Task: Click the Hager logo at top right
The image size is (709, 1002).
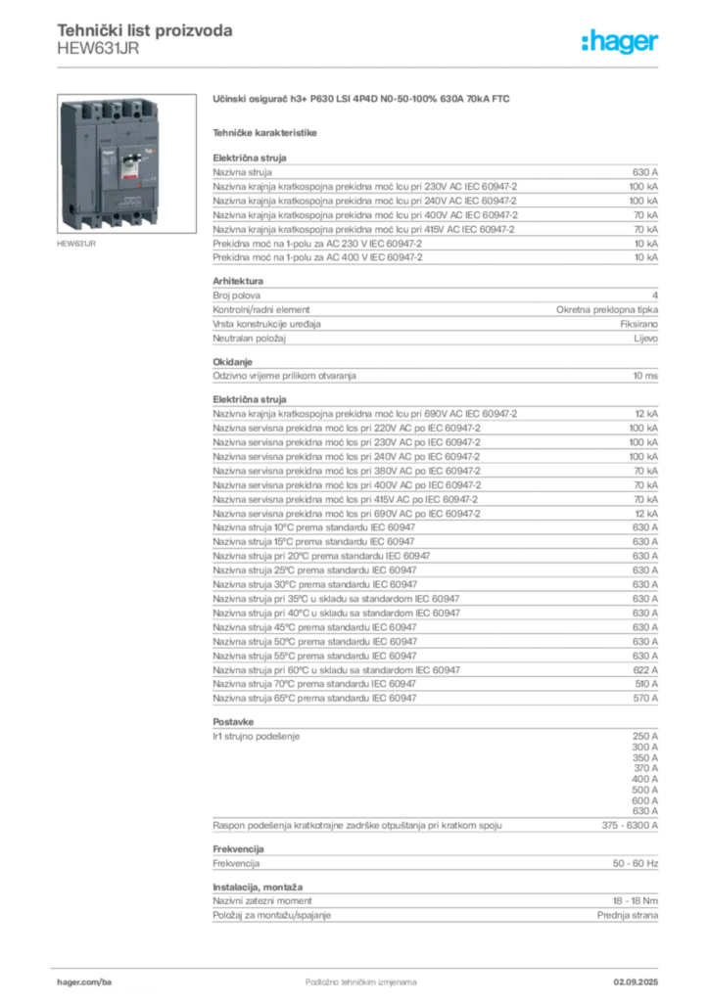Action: point(619,41)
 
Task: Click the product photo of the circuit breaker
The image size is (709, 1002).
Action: point(126,163)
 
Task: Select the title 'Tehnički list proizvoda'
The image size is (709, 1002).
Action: point(145,30)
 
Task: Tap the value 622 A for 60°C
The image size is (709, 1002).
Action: point(645,669)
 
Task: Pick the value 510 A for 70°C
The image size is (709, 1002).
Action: point(645,684)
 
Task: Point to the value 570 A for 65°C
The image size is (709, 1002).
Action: point(645,699)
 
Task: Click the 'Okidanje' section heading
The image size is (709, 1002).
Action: point(233,362)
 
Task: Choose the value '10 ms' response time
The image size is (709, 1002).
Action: point(645,376)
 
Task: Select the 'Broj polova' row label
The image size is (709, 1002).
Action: point(237,296)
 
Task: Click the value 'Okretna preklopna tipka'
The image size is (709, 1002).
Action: point(607,309)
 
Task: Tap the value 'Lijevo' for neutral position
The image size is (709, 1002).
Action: point(645,338)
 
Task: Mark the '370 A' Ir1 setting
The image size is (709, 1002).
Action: point(645,768)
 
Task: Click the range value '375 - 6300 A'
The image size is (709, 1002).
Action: point(630,825)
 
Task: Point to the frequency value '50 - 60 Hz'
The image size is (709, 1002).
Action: point(635,863)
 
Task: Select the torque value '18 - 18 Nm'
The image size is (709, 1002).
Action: point(635,900)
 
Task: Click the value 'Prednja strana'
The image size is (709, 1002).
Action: point(627,915)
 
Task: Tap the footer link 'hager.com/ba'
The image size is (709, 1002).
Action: point(84,982)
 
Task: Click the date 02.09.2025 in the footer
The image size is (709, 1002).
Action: point(636,982)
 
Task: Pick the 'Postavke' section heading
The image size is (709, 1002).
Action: point(233,721)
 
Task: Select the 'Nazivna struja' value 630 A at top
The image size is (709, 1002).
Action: point(645,172)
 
